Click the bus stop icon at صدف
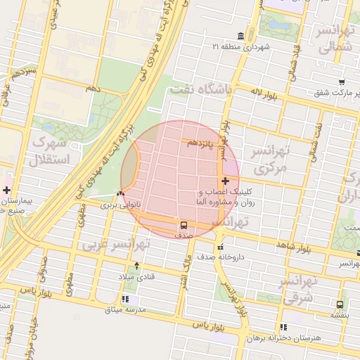184,226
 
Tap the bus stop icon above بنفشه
340,305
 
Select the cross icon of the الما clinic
224,182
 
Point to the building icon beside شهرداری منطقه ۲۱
241,36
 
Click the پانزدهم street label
200,143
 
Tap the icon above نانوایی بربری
121,194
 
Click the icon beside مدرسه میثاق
124,300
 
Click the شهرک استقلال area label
50,150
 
